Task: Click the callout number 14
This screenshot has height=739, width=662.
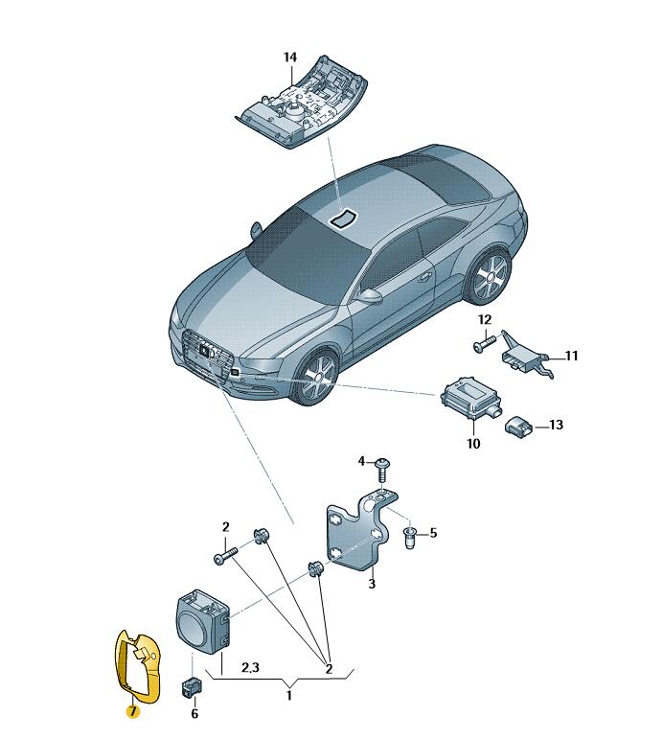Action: tap(290, 58)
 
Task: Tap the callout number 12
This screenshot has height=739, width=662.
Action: tap(485, 320)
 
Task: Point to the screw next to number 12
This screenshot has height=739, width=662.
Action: tap(485, 343)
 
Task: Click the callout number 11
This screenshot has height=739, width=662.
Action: tap(571, 356)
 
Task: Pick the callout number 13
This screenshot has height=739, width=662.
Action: tap(556, 425)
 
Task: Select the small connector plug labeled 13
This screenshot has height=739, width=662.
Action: tap(519, 427)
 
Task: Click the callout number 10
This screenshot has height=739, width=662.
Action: tap(473, 444)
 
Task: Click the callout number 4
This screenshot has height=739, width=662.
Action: tap(361, 461)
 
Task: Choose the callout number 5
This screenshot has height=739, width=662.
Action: tap(433, 533)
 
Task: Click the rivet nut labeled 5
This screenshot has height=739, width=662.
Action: tap(409, 539)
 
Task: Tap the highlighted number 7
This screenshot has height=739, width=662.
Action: tap(132, 711)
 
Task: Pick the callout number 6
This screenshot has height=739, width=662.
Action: tap(194, 713)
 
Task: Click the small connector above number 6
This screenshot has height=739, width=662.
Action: tap(193, 687)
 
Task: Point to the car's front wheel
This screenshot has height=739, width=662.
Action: tap(312, 377)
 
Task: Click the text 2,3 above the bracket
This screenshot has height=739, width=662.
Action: tap(250, 667)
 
